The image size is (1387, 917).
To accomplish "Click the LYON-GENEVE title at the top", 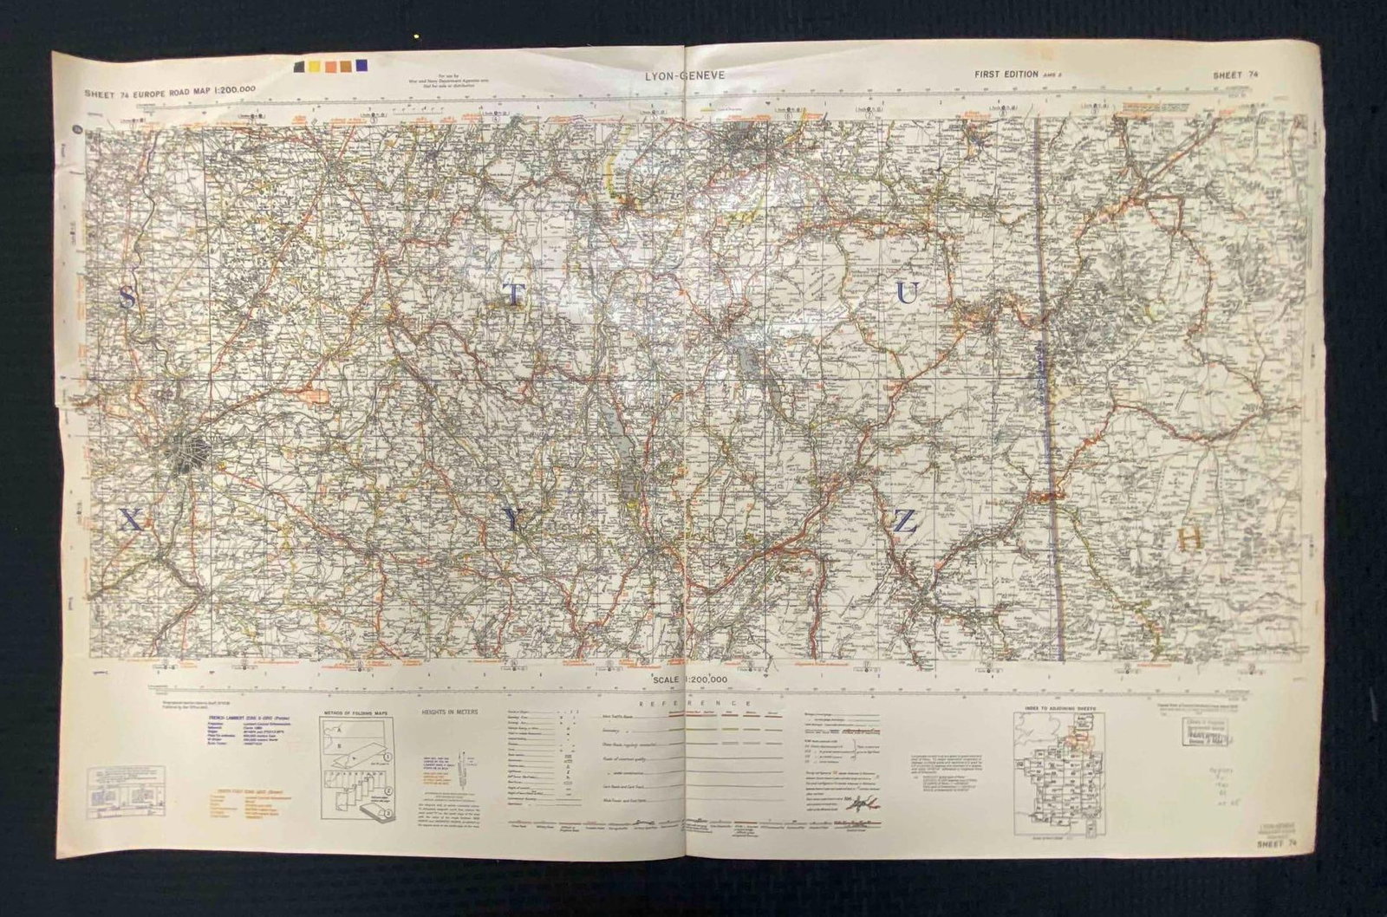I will [685, 75].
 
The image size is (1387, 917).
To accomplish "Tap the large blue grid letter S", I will [127, 298].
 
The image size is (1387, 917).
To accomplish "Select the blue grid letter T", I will [514, 295].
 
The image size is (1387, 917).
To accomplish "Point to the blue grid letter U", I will [906, 295].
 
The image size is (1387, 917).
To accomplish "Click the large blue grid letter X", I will [128, 520].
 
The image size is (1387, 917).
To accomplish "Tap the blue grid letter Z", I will [904, 521].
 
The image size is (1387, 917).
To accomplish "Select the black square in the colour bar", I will [299, 67].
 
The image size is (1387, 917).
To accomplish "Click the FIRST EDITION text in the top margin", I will [1006, 75].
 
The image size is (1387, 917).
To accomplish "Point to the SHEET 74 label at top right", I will [1237, 75].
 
